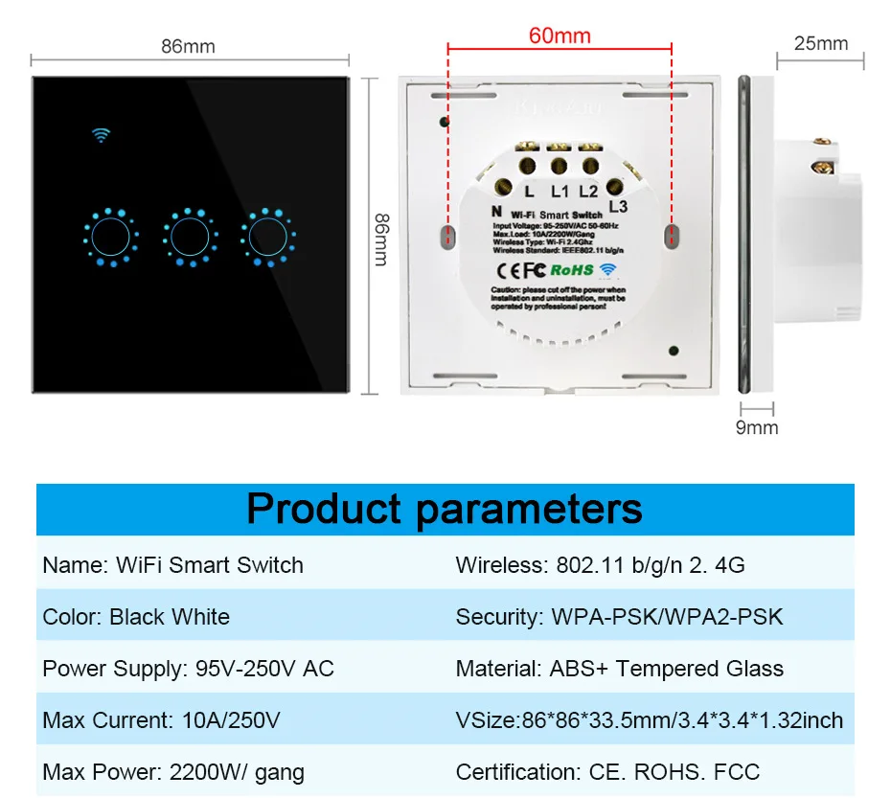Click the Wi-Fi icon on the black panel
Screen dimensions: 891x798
tap(101, 134)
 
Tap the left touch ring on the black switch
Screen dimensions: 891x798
tap(111, 236)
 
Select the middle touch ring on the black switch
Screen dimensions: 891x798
tap(189, 236)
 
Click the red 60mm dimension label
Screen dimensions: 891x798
tap(560, 36)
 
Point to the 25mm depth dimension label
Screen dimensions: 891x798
tap(821, 43)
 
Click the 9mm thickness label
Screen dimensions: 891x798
tap(757, 427)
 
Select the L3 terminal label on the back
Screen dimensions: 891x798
tap(618, 205)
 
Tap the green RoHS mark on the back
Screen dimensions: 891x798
tap(572, 271)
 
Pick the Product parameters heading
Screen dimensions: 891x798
tap(445, 509)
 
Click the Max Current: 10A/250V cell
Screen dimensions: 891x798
tap(161, 719)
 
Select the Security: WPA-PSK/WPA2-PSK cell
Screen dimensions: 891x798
tap(619, 617)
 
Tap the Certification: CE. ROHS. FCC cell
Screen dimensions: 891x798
tap(607, 771)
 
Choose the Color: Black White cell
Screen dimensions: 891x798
tap(136, 617)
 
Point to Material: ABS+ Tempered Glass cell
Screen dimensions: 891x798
tap(619, 669)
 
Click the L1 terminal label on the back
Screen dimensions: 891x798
tap(560, 193)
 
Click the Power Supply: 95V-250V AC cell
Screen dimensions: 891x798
tap(188, 669)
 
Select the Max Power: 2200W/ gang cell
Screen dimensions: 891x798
tap(173, 771)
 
